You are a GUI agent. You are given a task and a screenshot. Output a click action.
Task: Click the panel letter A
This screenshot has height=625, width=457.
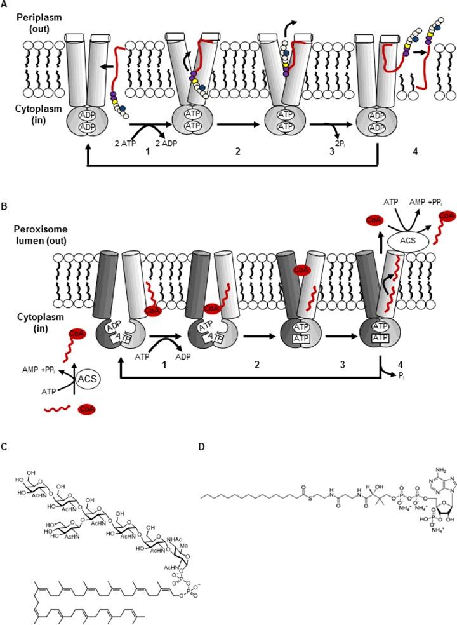point(4,4)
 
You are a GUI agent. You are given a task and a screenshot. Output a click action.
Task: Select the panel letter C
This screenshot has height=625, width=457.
point(4,447)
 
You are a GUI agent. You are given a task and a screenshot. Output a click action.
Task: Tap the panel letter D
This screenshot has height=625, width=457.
point(202,447)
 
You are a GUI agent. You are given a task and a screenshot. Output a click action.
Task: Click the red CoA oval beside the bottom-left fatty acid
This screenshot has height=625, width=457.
point(87,410)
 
